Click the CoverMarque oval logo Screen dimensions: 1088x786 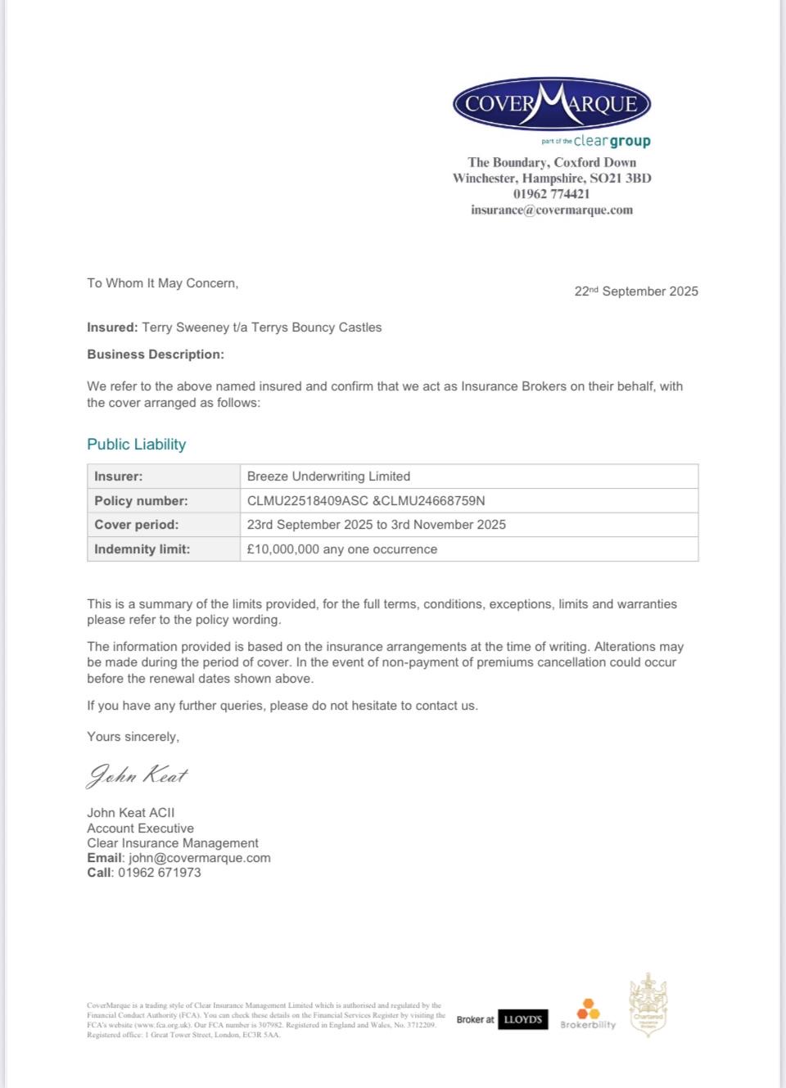(551, 104)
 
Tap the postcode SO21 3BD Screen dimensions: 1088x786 (621, 178)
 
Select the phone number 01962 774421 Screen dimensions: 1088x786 (551, 194)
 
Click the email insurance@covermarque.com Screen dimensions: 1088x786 (551, 210)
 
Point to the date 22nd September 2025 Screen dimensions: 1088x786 (636, 291)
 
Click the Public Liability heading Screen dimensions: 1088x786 (136, 445)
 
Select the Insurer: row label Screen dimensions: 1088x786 (119, 476)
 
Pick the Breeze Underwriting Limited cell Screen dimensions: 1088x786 (328, 476)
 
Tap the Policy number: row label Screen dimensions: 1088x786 (141, 501)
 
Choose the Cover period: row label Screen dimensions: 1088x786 (136, 525)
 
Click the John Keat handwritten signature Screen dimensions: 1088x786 (137, 775)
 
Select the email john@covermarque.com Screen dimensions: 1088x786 (199, 858)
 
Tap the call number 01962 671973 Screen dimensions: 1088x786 (159, 873)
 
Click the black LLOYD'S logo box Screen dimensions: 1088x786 (523, 1019)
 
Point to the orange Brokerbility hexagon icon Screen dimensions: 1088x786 (589, 1009)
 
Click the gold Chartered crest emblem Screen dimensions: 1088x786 (648, 1005)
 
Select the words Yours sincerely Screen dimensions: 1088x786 (133, 737)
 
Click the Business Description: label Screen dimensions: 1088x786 (156, 354)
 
